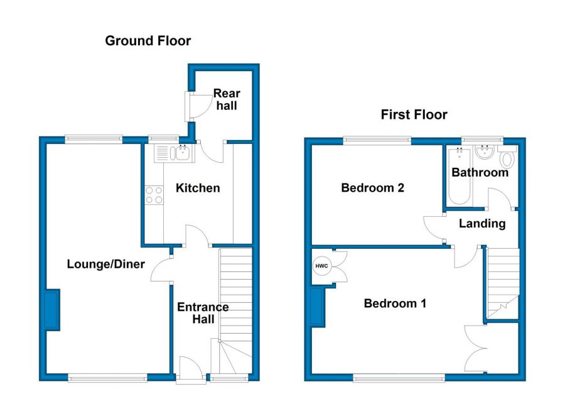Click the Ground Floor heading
tap(148, 41)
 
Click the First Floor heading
tap(414, 115)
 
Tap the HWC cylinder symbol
tap(321, 266)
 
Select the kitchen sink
tap(175, 153)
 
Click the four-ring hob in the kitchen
tap(154, 195)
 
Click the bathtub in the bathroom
tap(459, 176)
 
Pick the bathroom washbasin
tap(484, 152)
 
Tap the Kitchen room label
tap(198, 188)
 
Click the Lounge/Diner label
tap(106, 264)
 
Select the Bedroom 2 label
tap(372, 188)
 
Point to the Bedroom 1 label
tap(395, 303)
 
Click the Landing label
tap(482, 224)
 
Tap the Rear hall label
tap(227, 99)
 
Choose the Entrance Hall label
tap(203, 313)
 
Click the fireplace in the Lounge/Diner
tap(52, 310)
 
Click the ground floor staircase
tap(235, 311)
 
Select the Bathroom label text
tap(480, 172)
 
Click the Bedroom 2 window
tap(377, 141)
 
